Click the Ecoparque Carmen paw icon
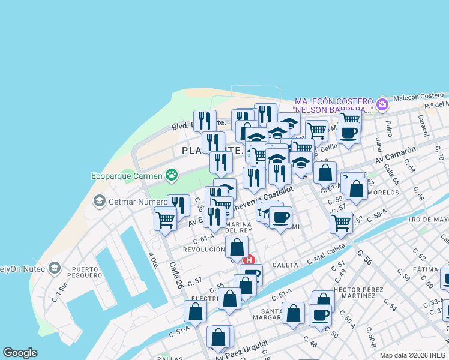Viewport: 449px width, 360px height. pyautogui.click(x=172, y=175)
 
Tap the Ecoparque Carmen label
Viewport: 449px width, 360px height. pyautogui.click(x=127, y=176)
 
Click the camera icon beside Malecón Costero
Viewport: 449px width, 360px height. pyautogui.click(x=382, y=106)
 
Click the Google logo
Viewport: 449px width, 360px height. pyautogui.click(x=20, y=353)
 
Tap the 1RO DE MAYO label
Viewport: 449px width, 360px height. pyautogui.click(x=428, y=220)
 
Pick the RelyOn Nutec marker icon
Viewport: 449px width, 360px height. pyautogui.click(x=55, y=267)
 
